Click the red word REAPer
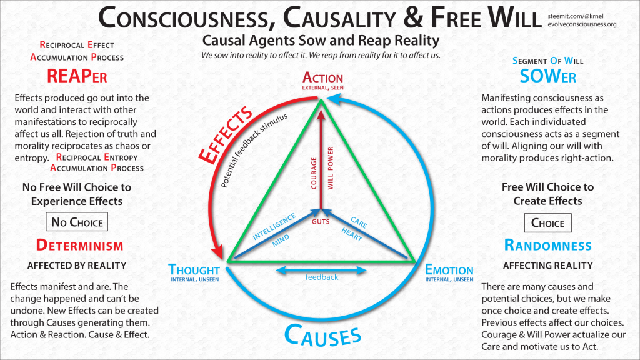click(77, 76)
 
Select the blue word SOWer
click(547, 76)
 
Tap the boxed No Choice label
click(77, 222)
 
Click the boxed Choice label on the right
click(547, 222)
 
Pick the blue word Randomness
click(547, 245)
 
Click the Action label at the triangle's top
click(322, 77)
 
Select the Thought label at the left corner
click(194, 270)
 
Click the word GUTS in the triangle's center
click(321, 221)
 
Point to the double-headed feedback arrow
click(321, 271)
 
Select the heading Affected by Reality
click(77, 266)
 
